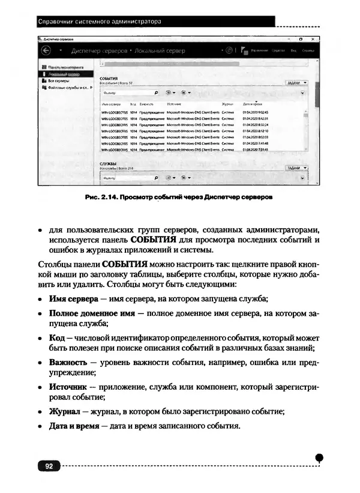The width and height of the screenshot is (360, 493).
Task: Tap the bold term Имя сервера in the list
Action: [74, 298]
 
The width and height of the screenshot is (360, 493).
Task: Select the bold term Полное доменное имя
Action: [92, 313]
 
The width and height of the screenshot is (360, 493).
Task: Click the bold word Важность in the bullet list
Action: [68, 363]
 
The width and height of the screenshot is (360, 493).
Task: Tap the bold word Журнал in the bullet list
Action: [64, 411]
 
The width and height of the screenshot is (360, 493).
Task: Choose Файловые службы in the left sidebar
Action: [68, 87]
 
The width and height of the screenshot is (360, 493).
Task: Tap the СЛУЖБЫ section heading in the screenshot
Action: [108, 163]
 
